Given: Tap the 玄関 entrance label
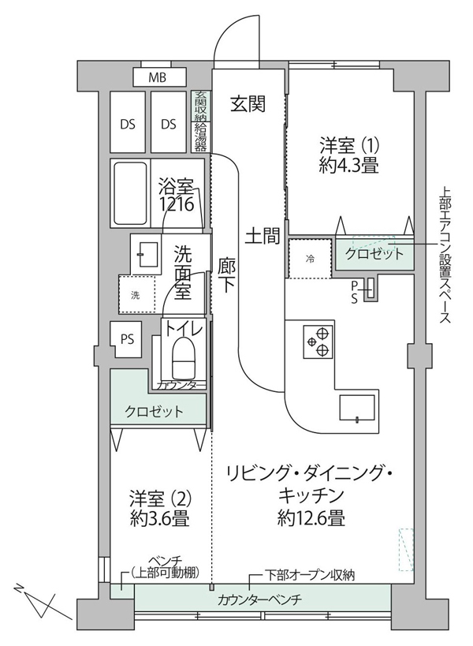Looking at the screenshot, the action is pyautogui.click(x=248, y=103).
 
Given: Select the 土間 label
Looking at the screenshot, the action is pyautogui.click(x=263, y=236).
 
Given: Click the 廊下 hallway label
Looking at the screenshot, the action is pyautogui.click(x=227, y=275).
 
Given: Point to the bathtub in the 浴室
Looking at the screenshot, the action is pyautogui.click(x=129, y=192).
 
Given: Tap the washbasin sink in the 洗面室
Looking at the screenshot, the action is pyautogui.click(x=144, y=254).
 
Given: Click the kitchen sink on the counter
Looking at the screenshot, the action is pyautogui.click(x=356, y=408).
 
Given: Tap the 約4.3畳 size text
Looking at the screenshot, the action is pyautogui.click(x=349, y=165).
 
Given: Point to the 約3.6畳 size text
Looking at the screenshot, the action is pyautogui.click(x=159, y=519).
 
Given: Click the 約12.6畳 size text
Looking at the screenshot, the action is pyautogui.click(x=311, y=517).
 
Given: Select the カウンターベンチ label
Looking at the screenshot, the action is pyautogui.click(x=260, y=599).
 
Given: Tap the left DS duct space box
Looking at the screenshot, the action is pyautogui.click(x=128, y=121).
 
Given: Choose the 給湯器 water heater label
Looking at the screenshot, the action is pyautogui.click(x=201, y=136).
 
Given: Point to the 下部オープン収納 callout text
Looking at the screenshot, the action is pyautogui.click(x=309, y=575).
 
